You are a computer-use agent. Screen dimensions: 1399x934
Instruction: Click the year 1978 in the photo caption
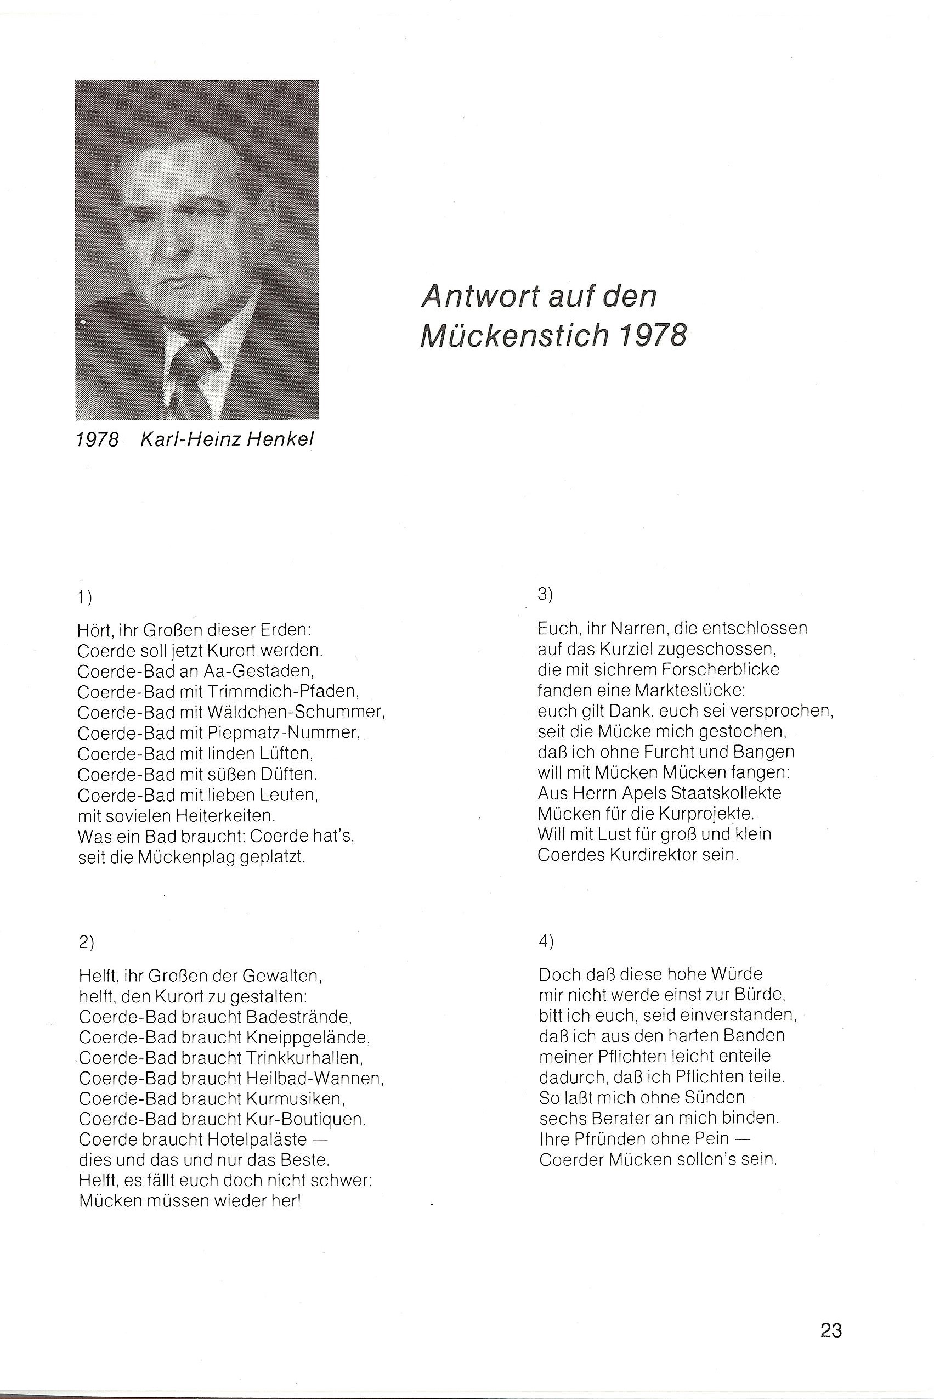98,439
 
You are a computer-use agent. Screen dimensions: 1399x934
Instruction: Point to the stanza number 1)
84,597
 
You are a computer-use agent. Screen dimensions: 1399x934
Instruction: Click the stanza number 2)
86,941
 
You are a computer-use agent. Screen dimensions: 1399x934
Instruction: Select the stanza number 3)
546,594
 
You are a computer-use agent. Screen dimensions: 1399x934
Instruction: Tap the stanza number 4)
546,941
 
